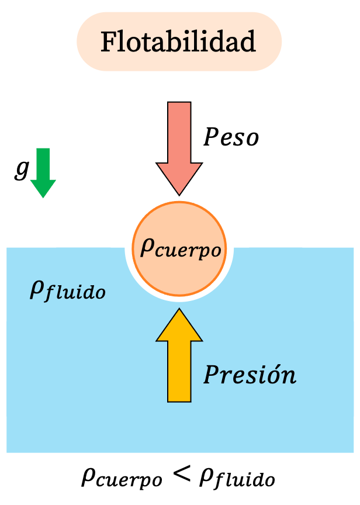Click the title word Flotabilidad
[x=179, y=42]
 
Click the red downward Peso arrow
[x=179, y=140]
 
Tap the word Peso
[x=231, y=137]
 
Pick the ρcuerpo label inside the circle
[x=181, y=250]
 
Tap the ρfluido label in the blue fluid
[x=67, y=290]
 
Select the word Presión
[x=250, y=375]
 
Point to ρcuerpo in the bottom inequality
[x=122, y=479]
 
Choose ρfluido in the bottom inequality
[x=236, y=479]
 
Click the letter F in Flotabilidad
[x=108, y=43]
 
